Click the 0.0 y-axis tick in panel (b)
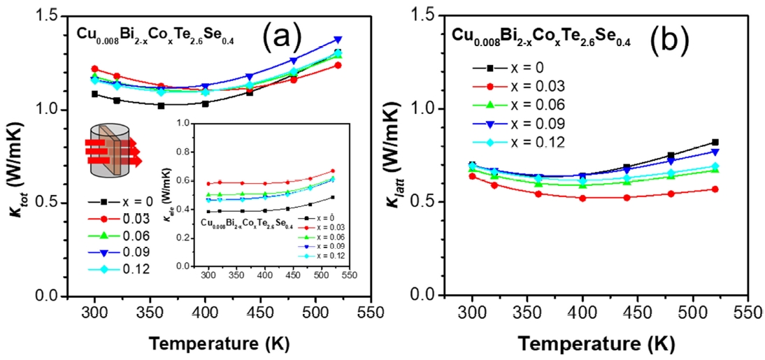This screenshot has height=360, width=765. (x=437, y=296)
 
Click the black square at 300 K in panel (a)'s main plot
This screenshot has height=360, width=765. (x=95, y=94)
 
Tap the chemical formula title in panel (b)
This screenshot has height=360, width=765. (x=541, y=40)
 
